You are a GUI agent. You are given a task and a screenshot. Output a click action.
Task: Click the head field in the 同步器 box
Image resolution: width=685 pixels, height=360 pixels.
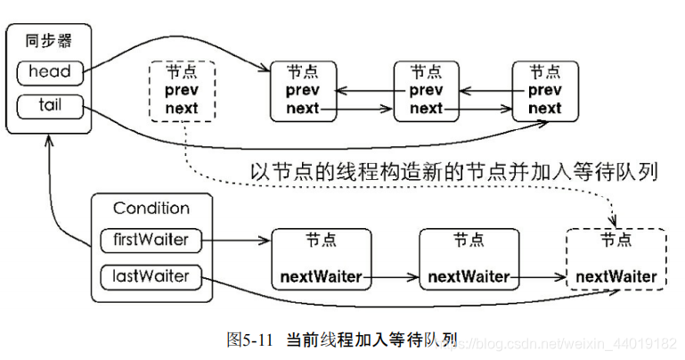point(50,72)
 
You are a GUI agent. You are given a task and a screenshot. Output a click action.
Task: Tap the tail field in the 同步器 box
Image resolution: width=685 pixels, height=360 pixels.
point(50,106)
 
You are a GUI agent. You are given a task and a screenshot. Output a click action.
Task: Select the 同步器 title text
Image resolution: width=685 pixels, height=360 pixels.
point(48,41)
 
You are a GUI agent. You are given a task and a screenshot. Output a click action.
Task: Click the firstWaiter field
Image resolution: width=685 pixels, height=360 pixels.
point(151,241)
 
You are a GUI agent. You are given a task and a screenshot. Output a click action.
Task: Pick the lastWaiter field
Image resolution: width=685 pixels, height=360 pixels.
point(151,276)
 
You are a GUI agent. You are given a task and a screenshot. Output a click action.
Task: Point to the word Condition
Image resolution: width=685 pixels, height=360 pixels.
point(151,208)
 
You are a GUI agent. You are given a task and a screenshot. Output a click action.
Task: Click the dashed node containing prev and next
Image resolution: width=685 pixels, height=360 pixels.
point(183,91)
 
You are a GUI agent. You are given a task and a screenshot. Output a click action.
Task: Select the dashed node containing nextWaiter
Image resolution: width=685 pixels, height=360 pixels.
point(616,259)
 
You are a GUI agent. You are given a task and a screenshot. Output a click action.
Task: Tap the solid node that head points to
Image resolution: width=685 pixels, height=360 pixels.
point(303,91)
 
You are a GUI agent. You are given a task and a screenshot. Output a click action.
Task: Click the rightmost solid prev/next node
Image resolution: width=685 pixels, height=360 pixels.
point(545,91)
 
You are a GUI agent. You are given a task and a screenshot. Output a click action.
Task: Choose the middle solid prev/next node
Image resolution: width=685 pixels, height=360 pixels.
point(427,91)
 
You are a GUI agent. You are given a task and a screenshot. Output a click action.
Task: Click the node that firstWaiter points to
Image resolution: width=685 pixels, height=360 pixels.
point(322,259)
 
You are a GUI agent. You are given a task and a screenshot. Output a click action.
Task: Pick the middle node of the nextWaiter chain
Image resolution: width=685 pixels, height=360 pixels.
point(469,259)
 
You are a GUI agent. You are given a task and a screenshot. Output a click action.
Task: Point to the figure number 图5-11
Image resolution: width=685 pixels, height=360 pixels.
point(249,340)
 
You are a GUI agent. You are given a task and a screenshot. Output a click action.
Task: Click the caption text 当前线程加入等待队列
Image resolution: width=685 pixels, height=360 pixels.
point(371,340)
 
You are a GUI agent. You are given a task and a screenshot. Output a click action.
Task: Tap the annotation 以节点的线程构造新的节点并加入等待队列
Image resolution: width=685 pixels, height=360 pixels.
point(454,172)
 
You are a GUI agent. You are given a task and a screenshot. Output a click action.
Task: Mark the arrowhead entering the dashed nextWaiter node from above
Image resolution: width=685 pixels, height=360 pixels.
point(615,222)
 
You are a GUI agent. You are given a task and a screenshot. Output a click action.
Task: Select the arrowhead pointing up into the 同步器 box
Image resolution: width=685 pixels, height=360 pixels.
point(49,140)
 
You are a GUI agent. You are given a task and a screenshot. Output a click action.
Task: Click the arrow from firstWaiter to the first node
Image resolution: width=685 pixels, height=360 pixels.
point(236,241)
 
